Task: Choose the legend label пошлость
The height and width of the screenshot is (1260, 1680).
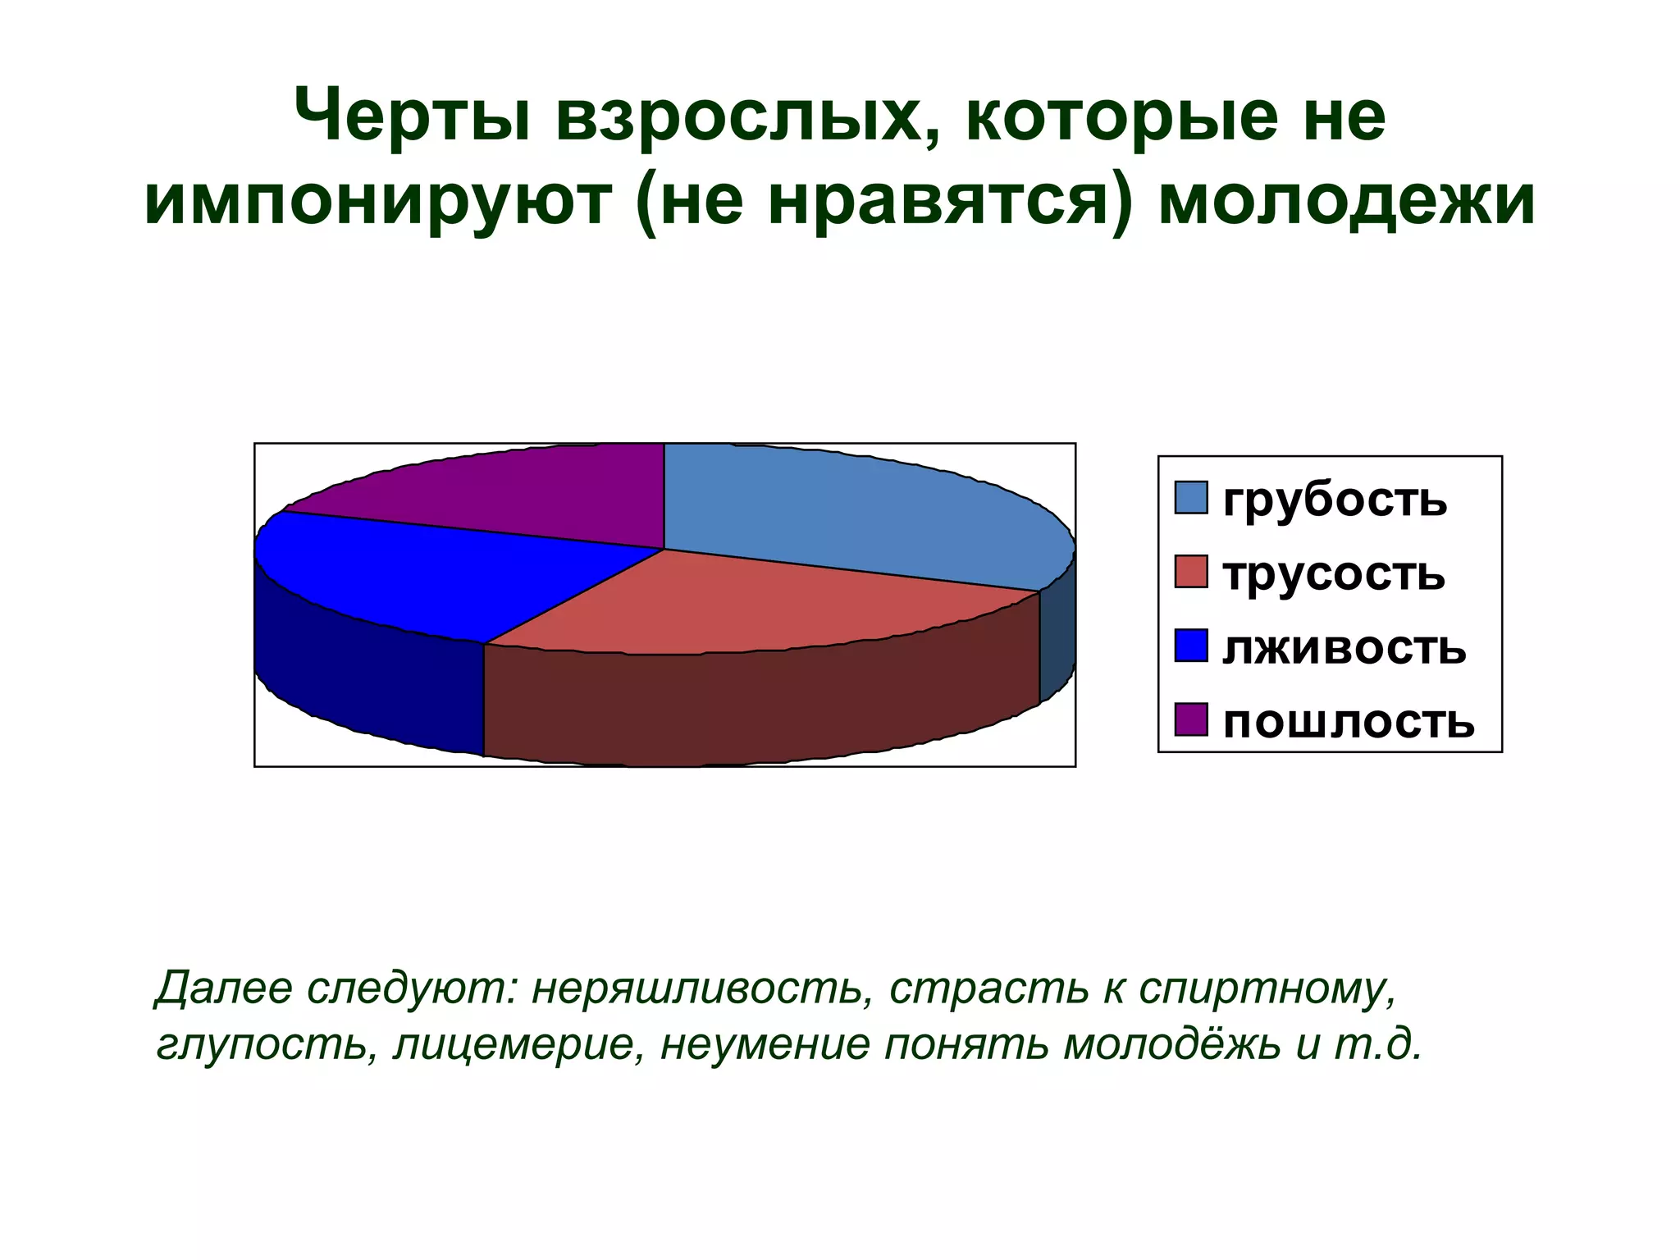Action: pyautogui.click(x=1349, y=721)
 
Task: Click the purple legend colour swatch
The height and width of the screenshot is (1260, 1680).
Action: pyautogui.click(x=1191, y=719)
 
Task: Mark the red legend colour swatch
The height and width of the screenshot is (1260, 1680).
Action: pyautogui.click(x=1191, y=572)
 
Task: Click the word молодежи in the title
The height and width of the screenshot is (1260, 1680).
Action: pyautogui.click(x=1346, y=200)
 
